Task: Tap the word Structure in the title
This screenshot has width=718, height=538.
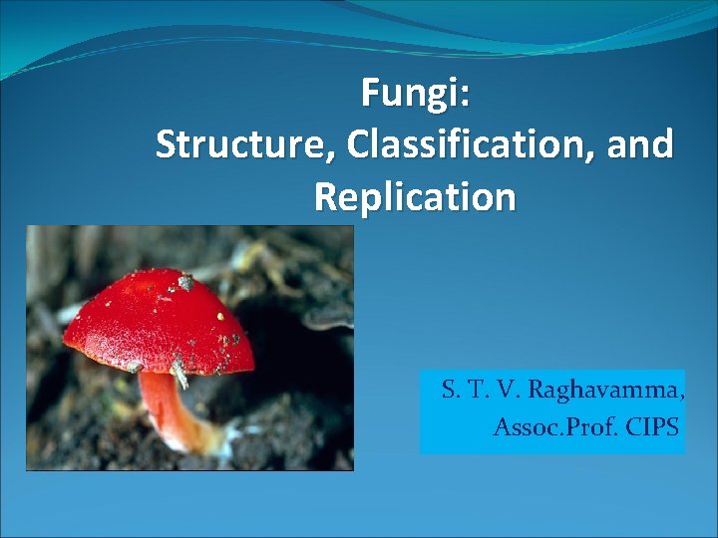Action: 245,144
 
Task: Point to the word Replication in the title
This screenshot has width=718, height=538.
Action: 415,196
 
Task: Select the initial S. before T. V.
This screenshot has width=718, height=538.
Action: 450,390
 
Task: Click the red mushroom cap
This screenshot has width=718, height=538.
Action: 150,319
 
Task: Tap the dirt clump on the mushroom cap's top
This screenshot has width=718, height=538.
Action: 185,283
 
